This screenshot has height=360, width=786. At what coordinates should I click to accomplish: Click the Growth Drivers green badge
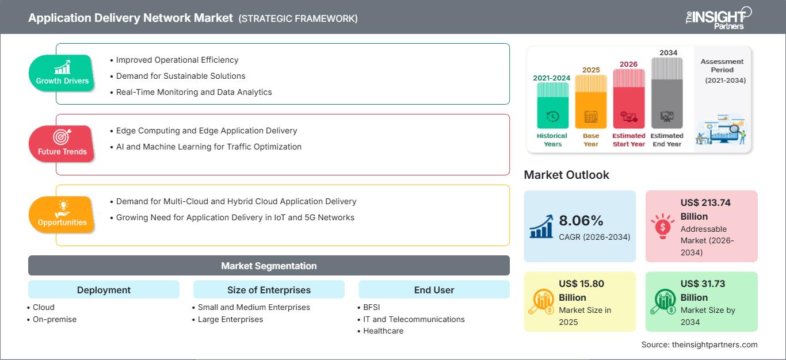pos(62,72)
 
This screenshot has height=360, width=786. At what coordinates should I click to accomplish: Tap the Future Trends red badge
pos(62,143)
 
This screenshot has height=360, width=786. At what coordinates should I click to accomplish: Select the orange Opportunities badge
pos(62,214)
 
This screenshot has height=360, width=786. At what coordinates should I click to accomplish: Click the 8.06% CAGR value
pos(581,220)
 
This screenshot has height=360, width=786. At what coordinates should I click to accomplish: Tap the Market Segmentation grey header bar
pos(269,266)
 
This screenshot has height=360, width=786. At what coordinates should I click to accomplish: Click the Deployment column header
pos(104,290)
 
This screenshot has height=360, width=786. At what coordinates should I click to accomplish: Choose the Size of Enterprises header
pos(269,290)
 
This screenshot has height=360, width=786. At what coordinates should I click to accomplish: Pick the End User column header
pos(434,290)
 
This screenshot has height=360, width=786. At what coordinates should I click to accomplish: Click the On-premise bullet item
pos(55,319)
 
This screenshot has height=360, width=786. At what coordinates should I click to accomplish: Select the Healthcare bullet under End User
pos(383,331)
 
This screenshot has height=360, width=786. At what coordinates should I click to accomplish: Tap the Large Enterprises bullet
pos(230,319)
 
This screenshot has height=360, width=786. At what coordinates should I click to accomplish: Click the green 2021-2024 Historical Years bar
pos(552,105)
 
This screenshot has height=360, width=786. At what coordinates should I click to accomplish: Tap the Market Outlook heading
pos(566,175)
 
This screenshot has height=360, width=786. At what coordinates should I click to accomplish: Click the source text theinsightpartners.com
pos(699,344)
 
